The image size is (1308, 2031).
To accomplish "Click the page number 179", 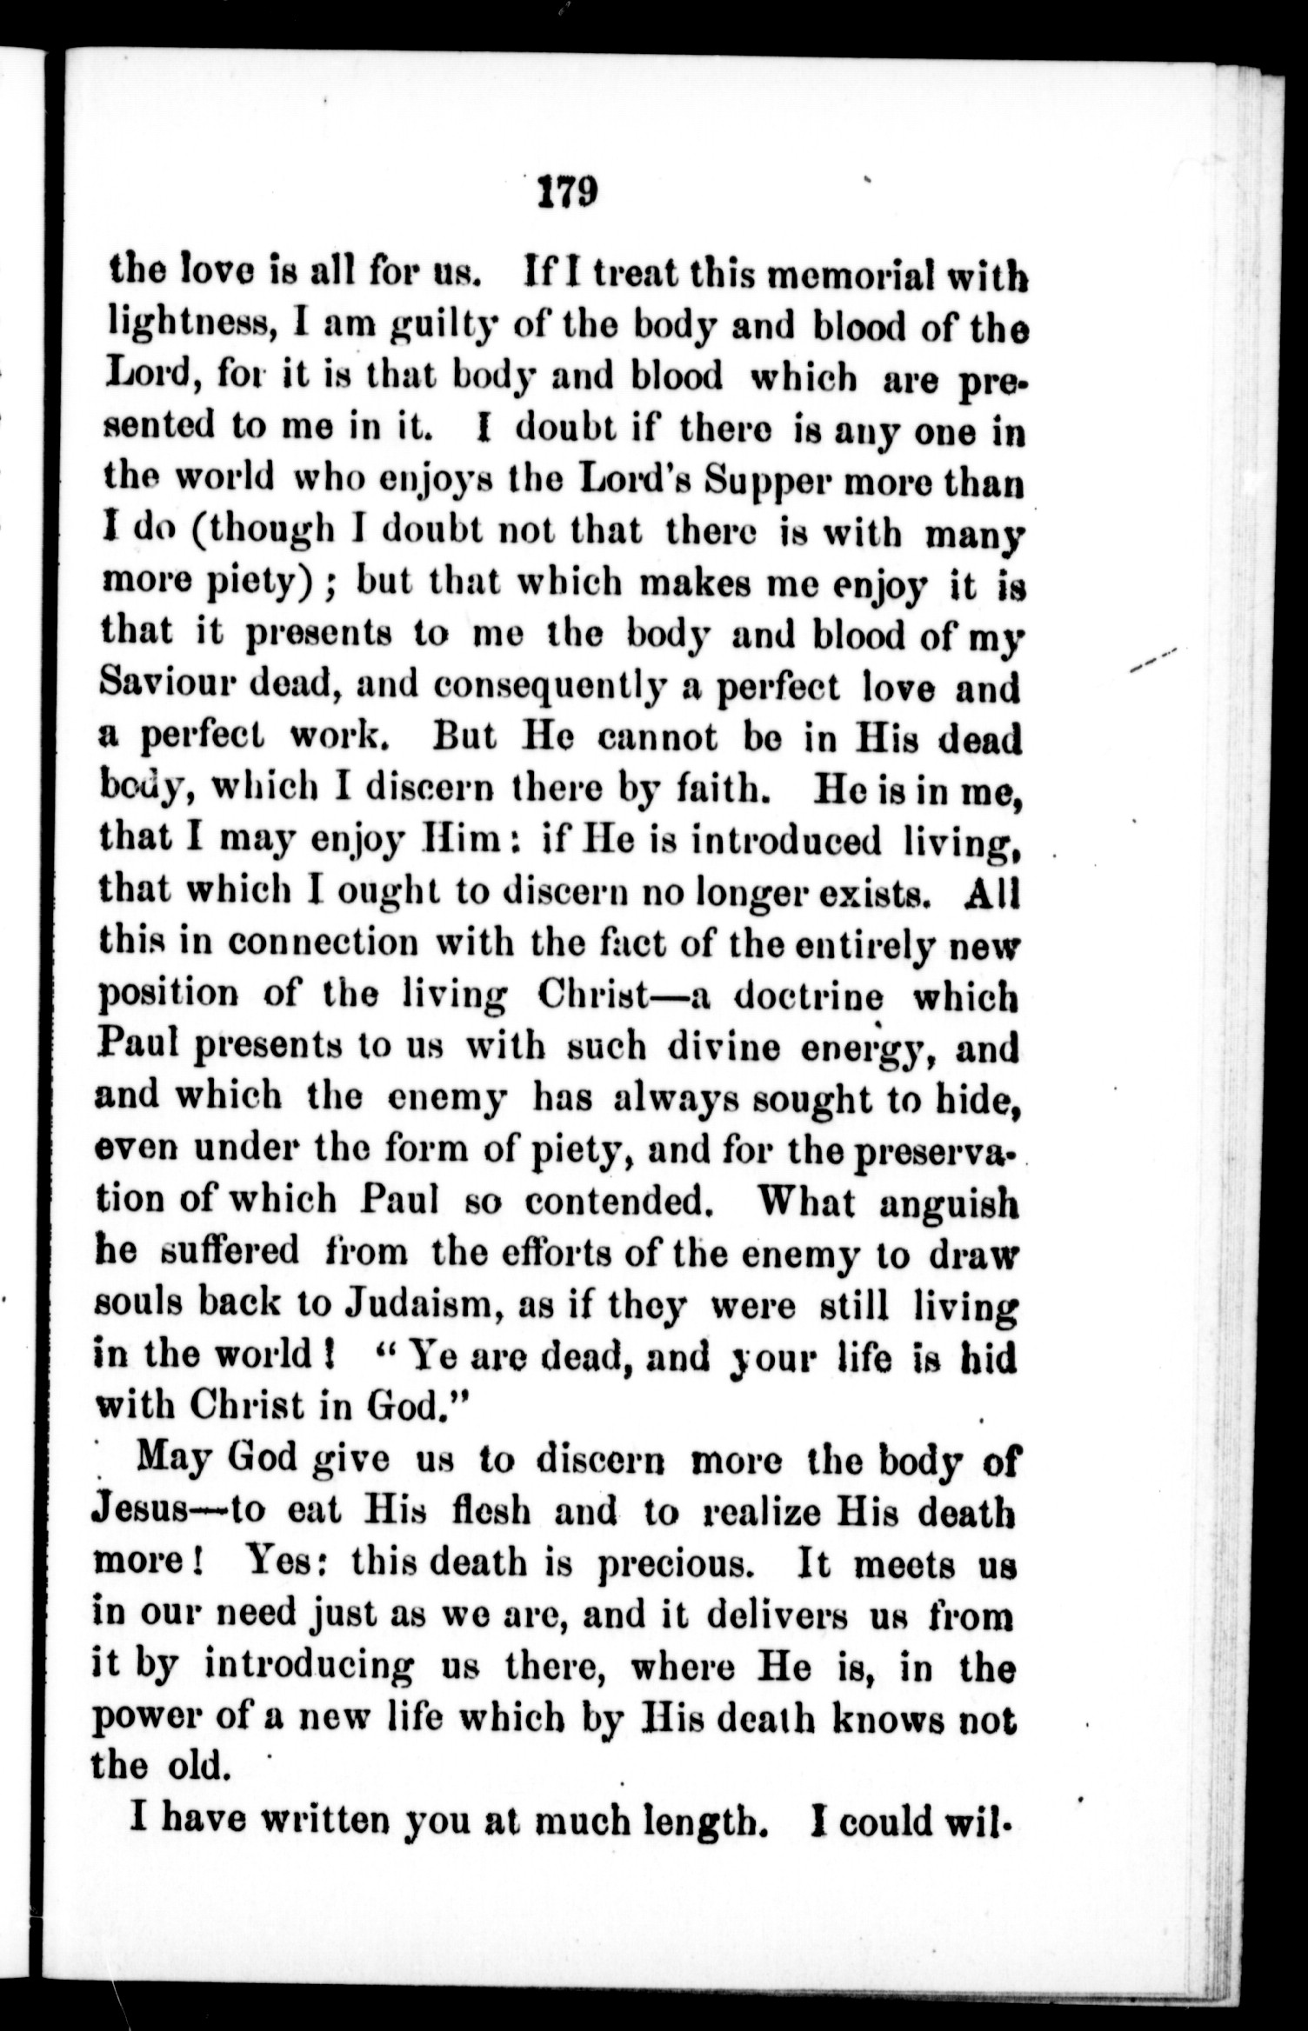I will click(566, 191).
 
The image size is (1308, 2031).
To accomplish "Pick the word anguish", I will click(947, 1204).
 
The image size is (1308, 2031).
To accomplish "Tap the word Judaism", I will click(416, 1305).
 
